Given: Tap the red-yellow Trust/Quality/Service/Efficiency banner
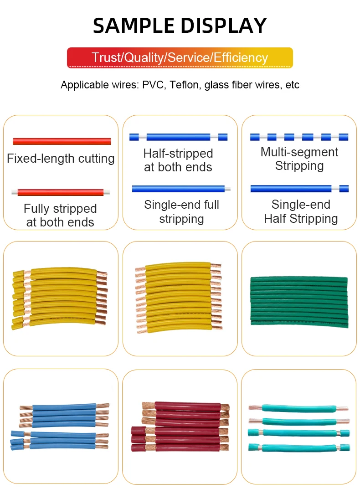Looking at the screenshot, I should pos(180,58).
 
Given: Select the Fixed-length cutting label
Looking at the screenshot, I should pos(61,159).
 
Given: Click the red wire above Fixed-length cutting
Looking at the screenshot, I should pos(62,141).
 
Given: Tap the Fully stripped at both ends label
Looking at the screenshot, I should pos(60,216).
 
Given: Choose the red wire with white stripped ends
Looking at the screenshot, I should pos(61,192).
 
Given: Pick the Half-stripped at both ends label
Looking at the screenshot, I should pos(178,160).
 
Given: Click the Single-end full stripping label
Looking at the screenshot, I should pos(181,212).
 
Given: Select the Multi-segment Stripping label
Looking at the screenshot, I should pos(299,159).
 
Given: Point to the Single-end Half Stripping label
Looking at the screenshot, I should pos(301,212).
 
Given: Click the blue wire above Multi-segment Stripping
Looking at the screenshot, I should pos(299,137).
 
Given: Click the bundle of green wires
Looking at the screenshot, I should pos(298,300).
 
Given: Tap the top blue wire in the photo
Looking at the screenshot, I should pos(64,406).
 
